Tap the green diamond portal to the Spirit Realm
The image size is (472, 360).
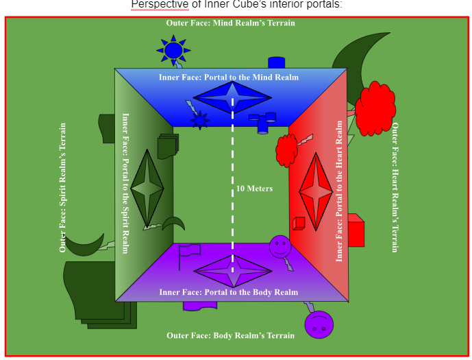click(147, 188)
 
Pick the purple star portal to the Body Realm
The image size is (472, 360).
click(233, 272)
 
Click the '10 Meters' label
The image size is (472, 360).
click(254, 189)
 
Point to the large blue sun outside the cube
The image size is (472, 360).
click(173, 50)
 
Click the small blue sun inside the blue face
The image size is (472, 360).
click(199, 121)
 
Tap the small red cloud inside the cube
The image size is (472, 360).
click(286, 149)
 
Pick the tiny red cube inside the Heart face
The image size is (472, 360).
click(298, 223)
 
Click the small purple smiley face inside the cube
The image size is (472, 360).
click(280, 246)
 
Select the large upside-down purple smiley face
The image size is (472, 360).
click(319, 324)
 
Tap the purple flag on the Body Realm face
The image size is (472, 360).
click(188, 254)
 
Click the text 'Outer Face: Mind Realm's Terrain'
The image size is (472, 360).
click(230, 23)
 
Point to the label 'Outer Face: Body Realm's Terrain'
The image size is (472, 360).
click(230, 335)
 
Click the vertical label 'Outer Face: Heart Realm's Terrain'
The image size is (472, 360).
click(395, 187)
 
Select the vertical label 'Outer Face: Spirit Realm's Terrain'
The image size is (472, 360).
click(63, 187)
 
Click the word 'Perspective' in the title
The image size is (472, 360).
click(160, 5)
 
